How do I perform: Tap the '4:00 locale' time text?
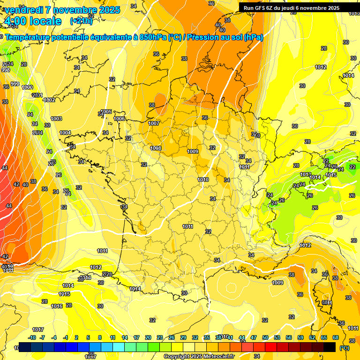coord(32,21)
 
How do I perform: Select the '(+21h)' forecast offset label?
coord(81,21)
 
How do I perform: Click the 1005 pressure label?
coord(106,112)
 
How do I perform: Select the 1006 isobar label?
coord(120,119)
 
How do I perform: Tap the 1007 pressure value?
coord(154,123)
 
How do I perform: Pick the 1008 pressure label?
coord(156,148)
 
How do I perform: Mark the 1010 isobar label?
coord(203,180)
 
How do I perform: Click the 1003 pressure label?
coord(56,119)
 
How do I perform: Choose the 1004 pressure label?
coord(65,133)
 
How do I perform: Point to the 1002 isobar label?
coord(49,100)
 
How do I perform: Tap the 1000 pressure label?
coord(28,87)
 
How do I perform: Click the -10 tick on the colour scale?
coord(32,337)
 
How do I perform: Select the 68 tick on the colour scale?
coord(336,337)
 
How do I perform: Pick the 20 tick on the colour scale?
coord(148,337)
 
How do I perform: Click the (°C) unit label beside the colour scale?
coord(345,348)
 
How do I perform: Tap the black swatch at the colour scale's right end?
coord(330,347)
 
